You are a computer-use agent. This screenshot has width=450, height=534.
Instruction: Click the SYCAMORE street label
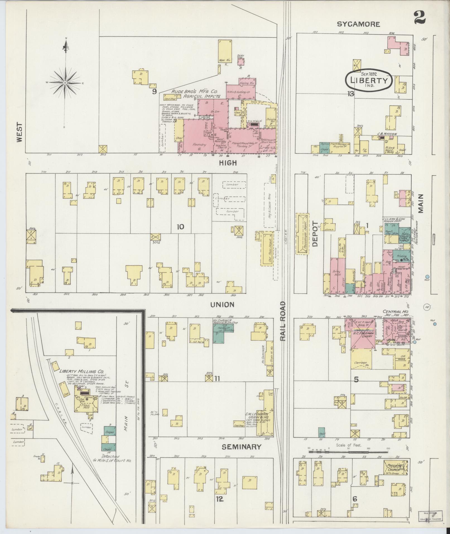click(358, 24)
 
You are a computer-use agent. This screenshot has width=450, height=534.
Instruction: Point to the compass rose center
click(65, 83)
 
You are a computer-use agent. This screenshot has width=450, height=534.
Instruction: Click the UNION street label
click(222, 305)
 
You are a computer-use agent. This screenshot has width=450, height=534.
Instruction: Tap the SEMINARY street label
click(242, 447)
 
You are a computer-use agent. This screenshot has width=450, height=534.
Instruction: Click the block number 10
click(180, 227)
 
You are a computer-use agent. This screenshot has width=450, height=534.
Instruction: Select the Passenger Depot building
click(303, 234)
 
